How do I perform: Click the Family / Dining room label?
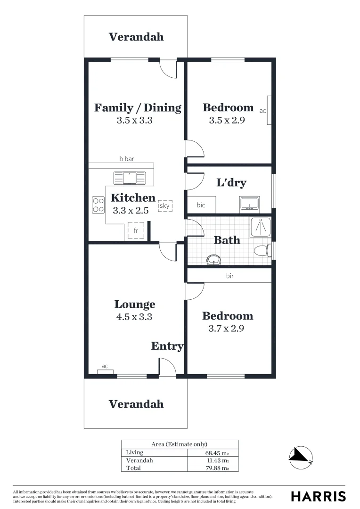138,107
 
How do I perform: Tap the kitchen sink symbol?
130,178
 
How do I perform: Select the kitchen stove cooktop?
98,205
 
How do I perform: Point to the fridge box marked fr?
136,230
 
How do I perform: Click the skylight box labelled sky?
165,205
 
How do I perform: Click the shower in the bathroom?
261,227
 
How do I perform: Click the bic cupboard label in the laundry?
201,205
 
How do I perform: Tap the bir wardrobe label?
229,276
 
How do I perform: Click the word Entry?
167,346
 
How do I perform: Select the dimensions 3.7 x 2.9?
226,328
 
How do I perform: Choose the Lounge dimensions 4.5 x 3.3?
134,317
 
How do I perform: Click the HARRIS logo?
318,496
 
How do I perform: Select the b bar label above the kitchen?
126,159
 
